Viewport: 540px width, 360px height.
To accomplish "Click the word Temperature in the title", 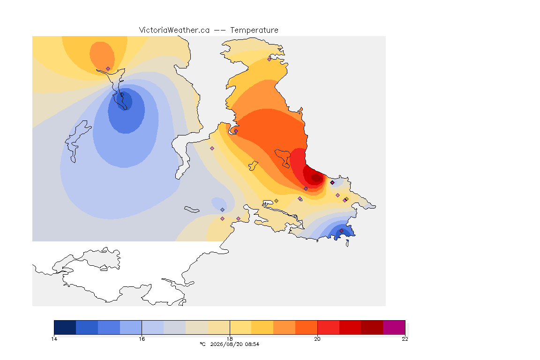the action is (x=254, y=30).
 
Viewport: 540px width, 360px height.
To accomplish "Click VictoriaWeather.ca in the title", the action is (x=174, y=30).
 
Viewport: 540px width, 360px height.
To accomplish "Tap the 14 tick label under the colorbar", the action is (x=54, y=339).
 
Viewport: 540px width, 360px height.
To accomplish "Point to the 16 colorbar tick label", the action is (x=142, y=339).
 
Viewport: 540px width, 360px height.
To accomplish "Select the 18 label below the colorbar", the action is (x=230, y=339).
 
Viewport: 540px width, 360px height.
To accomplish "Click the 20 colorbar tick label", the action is (x=317, y=339).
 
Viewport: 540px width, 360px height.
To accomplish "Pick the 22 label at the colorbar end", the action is (x=405, y=339).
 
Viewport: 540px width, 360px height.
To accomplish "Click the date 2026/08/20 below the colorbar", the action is (x=225, y=344).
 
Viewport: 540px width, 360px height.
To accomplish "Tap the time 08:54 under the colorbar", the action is (x=251, y=344).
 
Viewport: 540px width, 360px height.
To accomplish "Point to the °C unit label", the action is (x=203, y=344).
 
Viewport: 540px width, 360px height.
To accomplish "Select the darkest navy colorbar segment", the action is (x=65, y=327).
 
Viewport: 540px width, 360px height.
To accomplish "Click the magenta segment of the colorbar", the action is (x=394, y=327).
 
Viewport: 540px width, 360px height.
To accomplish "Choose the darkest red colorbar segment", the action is (x=372, y=327).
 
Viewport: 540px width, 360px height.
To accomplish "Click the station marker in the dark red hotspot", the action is (x=321, y=180).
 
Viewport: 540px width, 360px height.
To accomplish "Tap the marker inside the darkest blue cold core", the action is (x=122, y=94).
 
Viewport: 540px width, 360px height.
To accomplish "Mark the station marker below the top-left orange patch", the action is (x=108, y=69).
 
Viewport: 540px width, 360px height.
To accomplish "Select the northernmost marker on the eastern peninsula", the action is (x=270, y=59).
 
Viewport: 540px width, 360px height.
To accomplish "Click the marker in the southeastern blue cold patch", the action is (x=341, y=231).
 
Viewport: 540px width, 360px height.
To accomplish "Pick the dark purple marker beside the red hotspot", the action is (x=332, y=183).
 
